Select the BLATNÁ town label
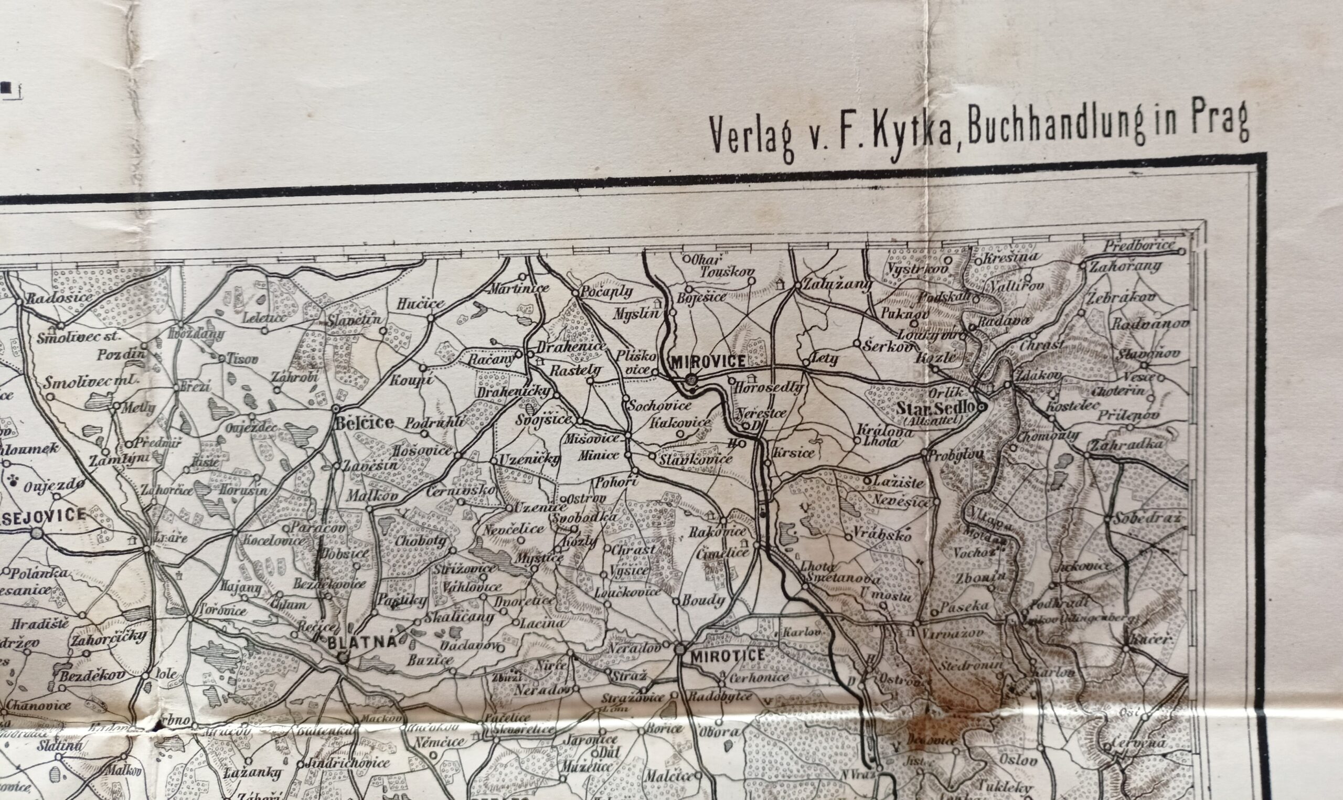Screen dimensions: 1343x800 click(363, 643)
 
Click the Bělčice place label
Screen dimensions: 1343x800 click(364, 423)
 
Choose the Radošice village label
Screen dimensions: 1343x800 click(60, 296)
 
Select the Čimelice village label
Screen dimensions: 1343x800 click(723, 552)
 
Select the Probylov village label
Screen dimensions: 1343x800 click(956, 454)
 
